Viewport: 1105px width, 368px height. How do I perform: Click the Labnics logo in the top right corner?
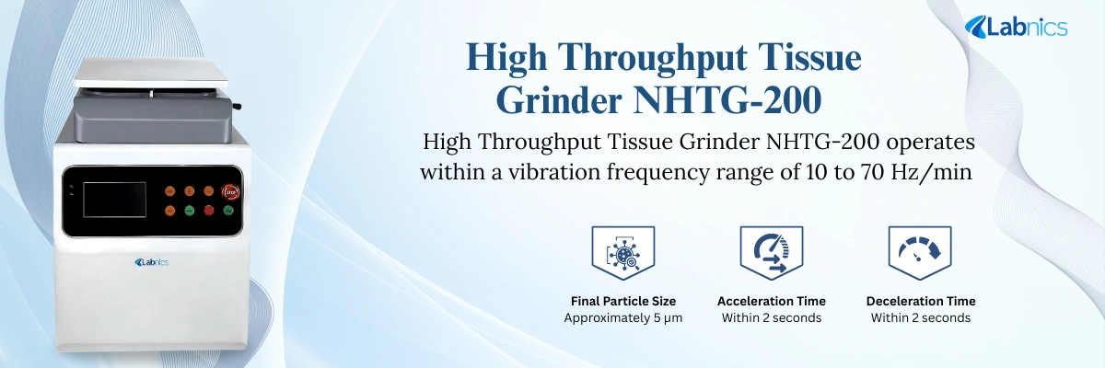[1016, 28]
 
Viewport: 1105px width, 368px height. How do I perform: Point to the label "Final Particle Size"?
[622, 301]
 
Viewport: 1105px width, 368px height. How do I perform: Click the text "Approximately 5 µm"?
[622, 318]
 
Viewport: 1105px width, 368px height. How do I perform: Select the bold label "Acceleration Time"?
[772, 301]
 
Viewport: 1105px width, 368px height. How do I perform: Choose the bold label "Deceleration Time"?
[921, 301]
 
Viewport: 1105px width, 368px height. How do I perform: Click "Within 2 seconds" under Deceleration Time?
[921, 318]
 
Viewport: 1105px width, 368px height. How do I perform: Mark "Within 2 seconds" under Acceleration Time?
[772, 318]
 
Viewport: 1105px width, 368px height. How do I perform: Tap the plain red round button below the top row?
[209, 211]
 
